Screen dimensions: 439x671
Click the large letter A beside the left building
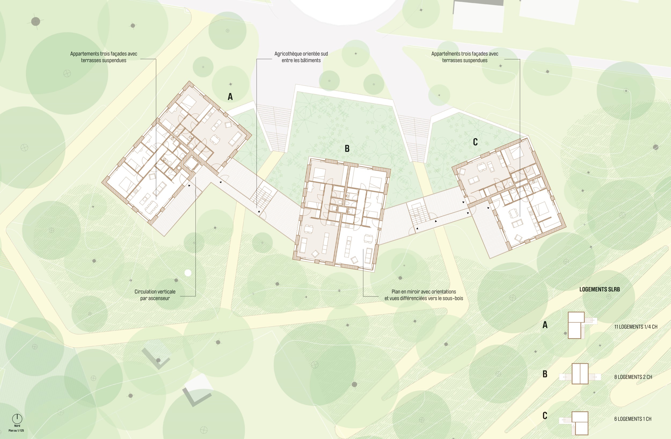[x=230, y=97]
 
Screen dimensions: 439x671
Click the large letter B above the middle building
[x=347, y=149]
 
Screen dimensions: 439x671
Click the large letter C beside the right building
[x=475, y=142]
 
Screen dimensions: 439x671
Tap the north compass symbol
[x=17, y=418]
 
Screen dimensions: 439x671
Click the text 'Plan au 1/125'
[x=16, y=430]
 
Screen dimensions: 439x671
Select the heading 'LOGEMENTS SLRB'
[x=599, y=289]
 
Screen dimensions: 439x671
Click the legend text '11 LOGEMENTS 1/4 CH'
[x=636, y=327]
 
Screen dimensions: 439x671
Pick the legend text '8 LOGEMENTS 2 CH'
[x=633, y=377]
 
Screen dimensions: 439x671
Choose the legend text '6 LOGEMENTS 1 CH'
[x=633, y=419]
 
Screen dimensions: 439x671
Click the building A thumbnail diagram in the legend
[x=578, y=325]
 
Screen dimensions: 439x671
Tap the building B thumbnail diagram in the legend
[x=580, y=374]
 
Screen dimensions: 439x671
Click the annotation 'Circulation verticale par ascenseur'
[x=155, y=295]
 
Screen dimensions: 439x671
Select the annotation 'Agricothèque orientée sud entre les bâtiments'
[x=301, y=57]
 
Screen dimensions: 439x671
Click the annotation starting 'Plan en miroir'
[x=424, y=295]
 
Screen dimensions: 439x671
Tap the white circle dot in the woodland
[x=188, y=273]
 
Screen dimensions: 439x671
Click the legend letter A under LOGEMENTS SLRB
[x=545, y=325]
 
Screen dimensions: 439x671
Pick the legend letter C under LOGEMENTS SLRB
[x=545, y=416]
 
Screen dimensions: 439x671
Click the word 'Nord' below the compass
[x=17, y=426]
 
